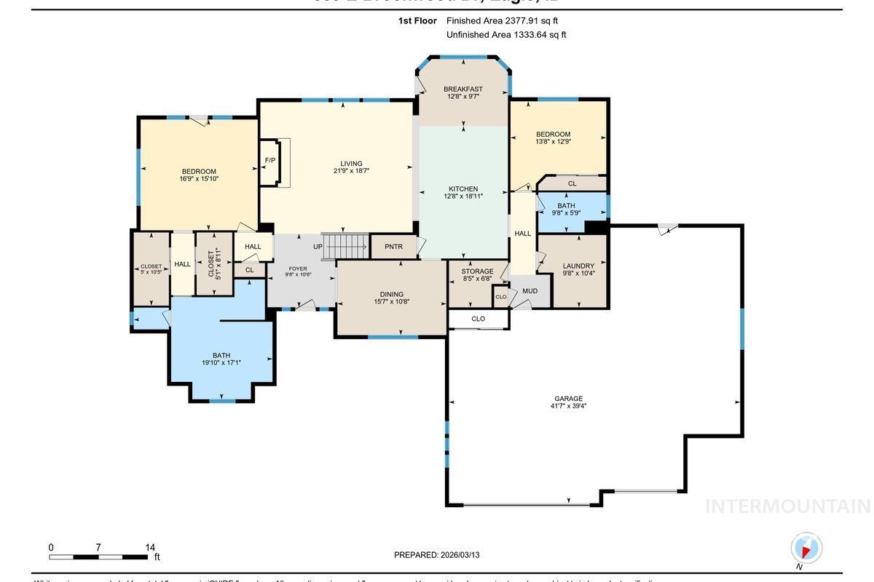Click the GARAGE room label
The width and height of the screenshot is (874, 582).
[x=568, y=398]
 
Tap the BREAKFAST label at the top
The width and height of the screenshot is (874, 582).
[x=463, y=89]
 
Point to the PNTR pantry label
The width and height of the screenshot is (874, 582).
[x=393, y=247]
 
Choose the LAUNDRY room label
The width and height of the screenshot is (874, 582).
[x=578, y=266]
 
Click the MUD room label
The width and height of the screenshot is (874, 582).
[x=529, y=291]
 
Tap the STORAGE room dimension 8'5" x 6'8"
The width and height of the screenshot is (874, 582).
[x=477, y=279]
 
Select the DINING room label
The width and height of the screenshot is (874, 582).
[x=391, y=294]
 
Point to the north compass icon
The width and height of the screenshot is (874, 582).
[x=806, y=549]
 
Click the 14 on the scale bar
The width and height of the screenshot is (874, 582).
[x=150, y=547]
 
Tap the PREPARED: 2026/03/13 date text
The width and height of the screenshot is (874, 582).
[x=437, y=554]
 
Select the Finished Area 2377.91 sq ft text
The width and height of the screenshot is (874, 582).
[x=502, y=21]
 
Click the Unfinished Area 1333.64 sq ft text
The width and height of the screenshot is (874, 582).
[x=505, y=34]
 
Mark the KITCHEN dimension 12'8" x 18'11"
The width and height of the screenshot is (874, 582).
[x=463, y=196]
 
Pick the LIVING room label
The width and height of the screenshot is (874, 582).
[x=351, y=164]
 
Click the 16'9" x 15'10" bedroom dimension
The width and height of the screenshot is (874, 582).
[x=199, y=179]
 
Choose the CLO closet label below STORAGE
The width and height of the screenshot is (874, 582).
[x=478, y=319]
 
